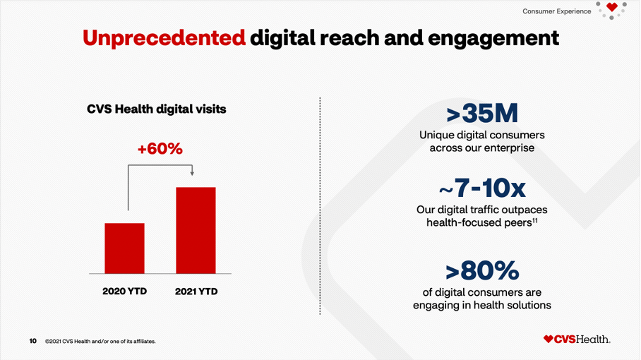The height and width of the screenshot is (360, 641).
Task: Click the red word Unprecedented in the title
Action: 164,37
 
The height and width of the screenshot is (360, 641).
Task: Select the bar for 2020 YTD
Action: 124,248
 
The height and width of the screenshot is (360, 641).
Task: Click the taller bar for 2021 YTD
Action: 196,230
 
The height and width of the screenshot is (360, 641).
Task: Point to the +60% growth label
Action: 160,149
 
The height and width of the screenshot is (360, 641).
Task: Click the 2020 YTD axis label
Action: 124,291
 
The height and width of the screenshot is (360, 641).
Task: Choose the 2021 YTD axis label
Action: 196,291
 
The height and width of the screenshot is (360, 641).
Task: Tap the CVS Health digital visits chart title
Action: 157,109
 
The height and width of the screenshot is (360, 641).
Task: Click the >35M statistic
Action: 482,114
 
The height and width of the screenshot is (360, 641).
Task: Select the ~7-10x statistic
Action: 482,188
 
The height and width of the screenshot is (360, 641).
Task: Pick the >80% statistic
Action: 482,270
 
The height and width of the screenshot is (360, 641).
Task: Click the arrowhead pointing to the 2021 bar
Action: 192,174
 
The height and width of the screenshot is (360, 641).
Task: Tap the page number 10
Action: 33,341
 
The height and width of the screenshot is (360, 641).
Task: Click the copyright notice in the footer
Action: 100,342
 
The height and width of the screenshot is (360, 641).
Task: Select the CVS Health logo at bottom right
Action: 577,340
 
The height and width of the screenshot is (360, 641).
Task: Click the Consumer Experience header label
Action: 557,11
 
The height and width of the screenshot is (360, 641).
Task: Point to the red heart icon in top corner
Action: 611,8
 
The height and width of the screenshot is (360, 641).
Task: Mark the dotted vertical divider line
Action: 320,212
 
